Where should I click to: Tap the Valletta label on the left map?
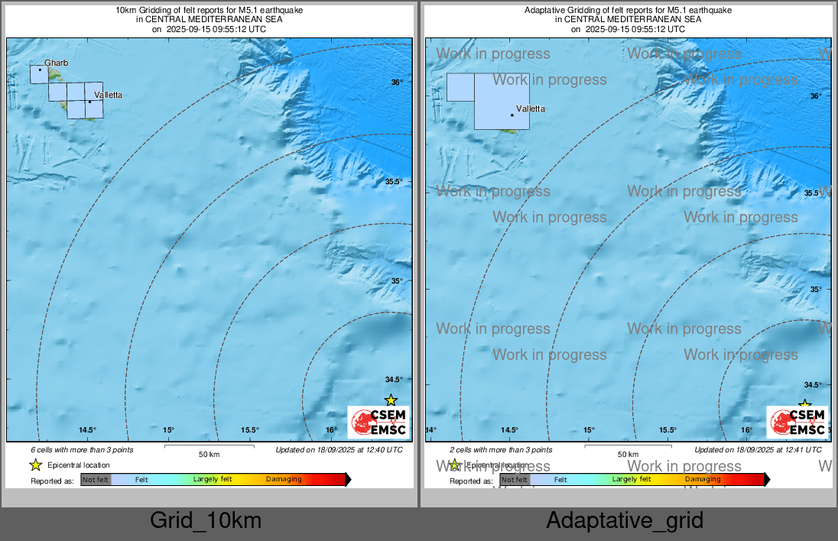coord(107,96)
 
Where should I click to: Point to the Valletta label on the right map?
coord(531,109)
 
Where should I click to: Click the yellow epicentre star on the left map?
coord(391,400)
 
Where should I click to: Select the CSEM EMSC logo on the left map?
coord(378,423)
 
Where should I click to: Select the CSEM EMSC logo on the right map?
coord(797,423)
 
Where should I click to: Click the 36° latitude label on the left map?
coord(396,83)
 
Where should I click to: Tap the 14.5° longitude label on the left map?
coord(87,429)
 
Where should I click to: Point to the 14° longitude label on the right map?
coord(431,430)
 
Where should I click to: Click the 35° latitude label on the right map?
coord(816,289)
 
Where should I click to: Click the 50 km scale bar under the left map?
coord(209,445)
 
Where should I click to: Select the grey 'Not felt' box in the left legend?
coord(96,480)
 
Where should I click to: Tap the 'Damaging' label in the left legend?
coord(284,480)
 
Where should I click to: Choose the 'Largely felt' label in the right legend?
coord(632,480)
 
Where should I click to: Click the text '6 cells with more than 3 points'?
coord(82,450)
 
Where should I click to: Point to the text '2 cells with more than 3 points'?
coord(501,450)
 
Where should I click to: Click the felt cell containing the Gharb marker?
coord(38,74)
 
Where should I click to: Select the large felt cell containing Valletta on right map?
coord(502,102)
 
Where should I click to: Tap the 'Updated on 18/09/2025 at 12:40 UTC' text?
coord(339,450)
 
